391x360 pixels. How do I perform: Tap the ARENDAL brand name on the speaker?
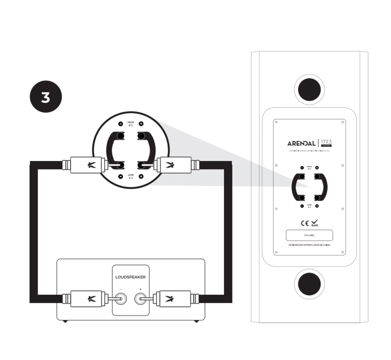pyautogui.click(x=301, y=143)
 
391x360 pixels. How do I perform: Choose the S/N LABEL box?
pyautogui.click(x=309, y=236)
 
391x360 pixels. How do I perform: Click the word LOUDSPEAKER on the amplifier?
pyautogui.click(x=130, y=278)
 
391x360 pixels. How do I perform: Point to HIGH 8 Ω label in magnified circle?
pyautogui.click(x=131, y=124)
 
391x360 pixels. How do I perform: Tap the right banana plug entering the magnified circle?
pyautogui.click(x=172, y=165)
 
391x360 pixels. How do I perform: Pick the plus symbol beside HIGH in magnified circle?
pyautogui.click(x=141, y=124)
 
